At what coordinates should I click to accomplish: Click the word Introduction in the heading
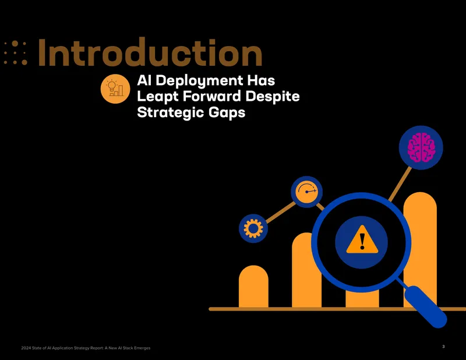pos(150,52)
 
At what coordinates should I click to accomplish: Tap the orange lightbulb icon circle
pos(115,89)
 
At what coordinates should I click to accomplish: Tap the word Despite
pos(273,97)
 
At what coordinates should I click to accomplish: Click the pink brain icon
pos(421,148)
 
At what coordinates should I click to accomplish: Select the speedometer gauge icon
pos(307,192)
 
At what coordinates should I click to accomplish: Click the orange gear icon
pos(253,228)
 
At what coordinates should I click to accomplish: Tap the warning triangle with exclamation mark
pos(362,240)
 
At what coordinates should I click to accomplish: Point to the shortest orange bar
pos(253,286)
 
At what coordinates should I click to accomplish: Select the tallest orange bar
pos(420,249)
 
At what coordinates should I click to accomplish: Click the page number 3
pos(443,347)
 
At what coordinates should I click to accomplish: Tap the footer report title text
pos(86,348)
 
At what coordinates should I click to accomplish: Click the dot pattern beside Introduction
pos(16,53)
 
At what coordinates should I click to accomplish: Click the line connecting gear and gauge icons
pos(281,212)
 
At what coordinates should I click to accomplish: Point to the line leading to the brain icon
pos(400,184)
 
